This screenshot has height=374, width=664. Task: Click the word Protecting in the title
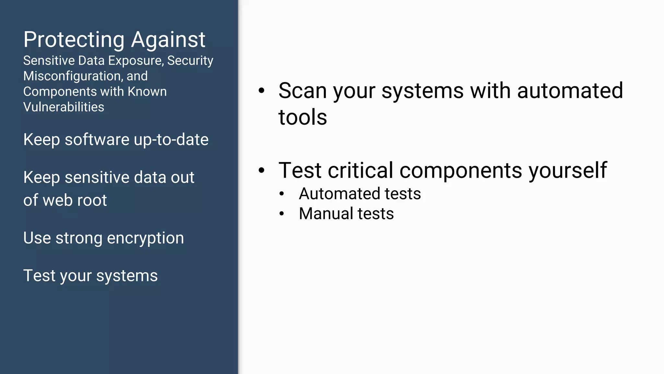(74, 40)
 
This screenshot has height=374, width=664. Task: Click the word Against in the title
(168, 40)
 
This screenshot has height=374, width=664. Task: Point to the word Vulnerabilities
(64, 107)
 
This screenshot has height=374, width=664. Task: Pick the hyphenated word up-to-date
(171, 140)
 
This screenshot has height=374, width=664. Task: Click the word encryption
(145, 238)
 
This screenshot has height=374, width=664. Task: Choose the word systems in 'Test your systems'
(127, 276)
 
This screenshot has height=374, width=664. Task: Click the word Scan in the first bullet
(302, 91)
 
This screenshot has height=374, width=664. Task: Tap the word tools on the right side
(302, 117)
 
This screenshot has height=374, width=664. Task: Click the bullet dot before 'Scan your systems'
(261, 91)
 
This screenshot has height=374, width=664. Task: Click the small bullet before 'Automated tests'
(282, 194)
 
